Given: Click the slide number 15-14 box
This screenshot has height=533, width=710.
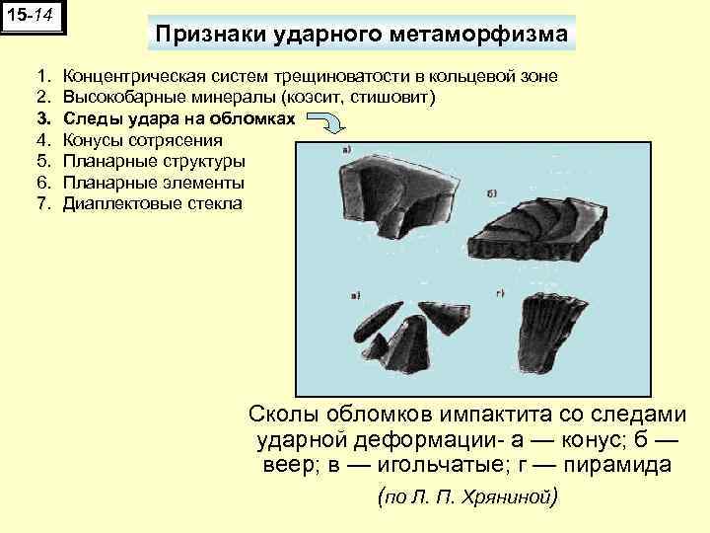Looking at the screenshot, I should [34, 18].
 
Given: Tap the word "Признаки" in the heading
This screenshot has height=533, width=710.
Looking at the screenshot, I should [203, 35].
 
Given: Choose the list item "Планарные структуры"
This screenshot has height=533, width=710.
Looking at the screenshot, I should [153, 162].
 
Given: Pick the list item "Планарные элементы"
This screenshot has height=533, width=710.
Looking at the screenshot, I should [153, 184].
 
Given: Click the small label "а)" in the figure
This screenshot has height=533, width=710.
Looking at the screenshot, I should [348, 150].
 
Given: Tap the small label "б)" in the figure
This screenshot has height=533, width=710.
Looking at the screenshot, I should [492, 194].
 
